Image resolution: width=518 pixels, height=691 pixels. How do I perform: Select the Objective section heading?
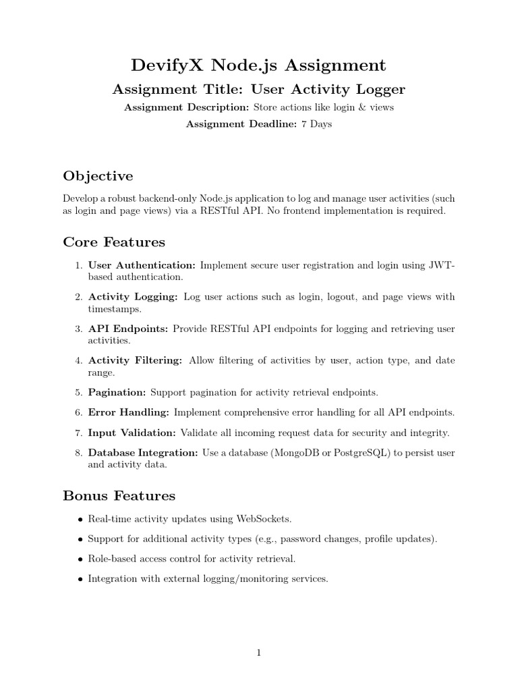[x=98, y=176]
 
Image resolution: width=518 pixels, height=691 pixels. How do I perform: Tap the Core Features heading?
[x=114, y=242]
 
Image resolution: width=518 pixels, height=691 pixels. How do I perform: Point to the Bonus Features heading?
[x=119, y=496]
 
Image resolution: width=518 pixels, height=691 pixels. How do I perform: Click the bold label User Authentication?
[x=142, y=266]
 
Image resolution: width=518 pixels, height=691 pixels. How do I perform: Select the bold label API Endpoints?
[x=129, y=329]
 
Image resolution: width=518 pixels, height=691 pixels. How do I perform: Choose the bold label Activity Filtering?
[x=135, y=361]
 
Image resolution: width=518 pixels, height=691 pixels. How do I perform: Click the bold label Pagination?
[x=117, y=392]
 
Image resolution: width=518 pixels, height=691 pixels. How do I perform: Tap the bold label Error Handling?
[x=129, y=412]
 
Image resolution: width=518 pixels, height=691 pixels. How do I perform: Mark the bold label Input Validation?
[x=132, y=433]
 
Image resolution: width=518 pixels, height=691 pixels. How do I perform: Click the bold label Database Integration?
[x=144, y=453]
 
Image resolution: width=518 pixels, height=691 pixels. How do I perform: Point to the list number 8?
[x=78, y=453]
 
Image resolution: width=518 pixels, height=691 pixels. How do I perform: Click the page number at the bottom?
[x=259, y=653]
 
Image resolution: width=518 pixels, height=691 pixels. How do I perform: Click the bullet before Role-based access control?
[x=80, y=559]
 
